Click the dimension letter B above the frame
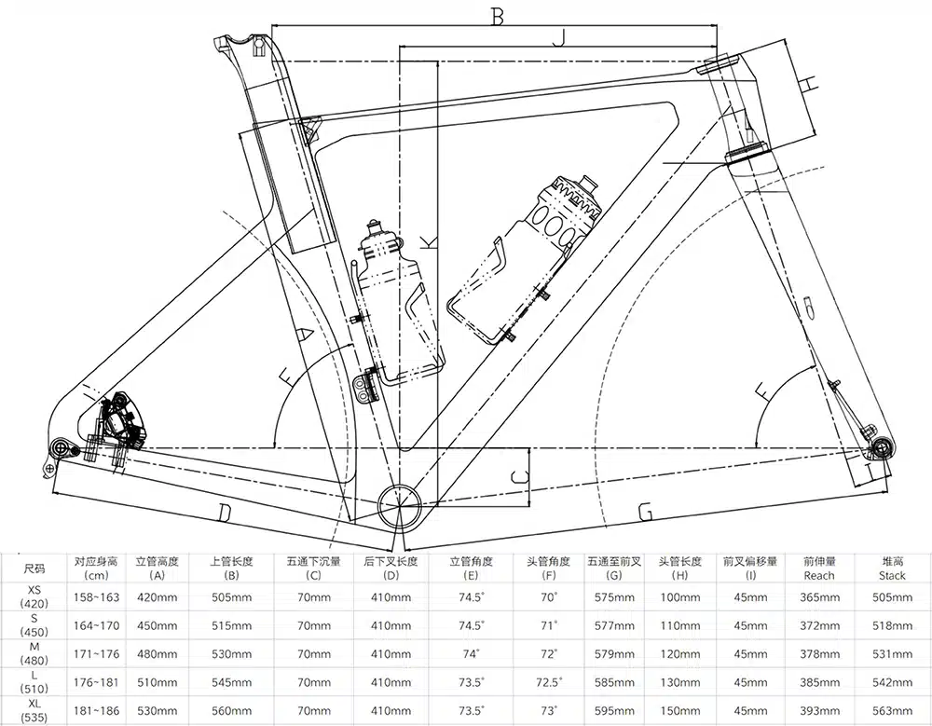(x=498, y=16)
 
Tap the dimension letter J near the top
(x=558, y=37)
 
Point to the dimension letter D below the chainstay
(x=224, y=512)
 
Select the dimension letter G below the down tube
(x=644, y=512)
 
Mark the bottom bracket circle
(x=401, y=505)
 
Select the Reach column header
(x=817, y=568)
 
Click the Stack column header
(x=893, y=568)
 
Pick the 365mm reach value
(x=817, y=596)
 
